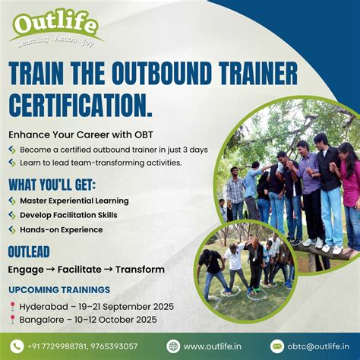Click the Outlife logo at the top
(56, 27)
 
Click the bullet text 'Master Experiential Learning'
(74, 201)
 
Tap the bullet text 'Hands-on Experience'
(62, 229)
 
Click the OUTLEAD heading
(29, 251)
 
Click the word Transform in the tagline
(140, 269)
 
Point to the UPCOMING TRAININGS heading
(59, 289)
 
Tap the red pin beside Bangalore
(12, 320)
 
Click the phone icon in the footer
(17, 346)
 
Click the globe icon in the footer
(174, 346)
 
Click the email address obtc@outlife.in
(316, 346)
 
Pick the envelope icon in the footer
(277, 346)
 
